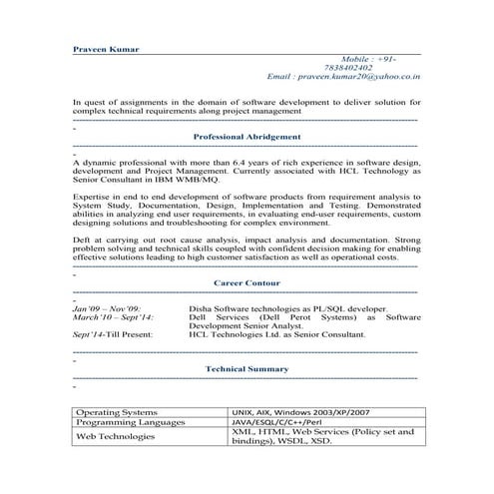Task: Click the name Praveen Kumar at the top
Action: point(107,48)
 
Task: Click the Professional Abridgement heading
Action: point(247,136)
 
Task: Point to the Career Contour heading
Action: point(247,283)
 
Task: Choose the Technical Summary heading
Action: point(247,369)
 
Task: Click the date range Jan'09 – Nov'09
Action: point(107,309)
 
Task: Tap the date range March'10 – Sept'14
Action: point(114,318)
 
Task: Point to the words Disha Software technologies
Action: point(249,309)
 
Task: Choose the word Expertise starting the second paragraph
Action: point(93,199)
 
